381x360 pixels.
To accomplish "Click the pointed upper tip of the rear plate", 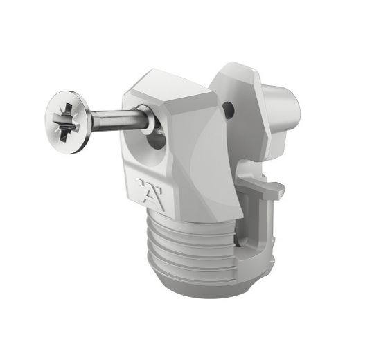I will [x=236, y=66].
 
